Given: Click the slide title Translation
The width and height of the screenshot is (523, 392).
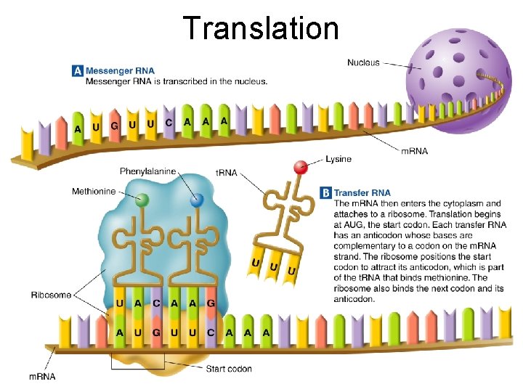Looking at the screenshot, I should [x=261, y=28].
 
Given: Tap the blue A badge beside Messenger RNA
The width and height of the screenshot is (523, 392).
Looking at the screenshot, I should [x=77, y=71].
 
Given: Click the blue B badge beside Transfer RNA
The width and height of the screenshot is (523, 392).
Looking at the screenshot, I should [x=326, y=193].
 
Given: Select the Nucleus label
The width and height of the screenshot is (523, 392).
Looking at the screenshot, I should [x=363, y=62].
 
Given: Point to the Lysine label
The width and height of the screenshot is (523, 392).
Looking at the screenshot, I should [x=338, y=159].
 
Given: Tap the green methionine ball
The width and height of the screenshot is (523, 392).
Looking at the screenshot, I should [x=142, y=199].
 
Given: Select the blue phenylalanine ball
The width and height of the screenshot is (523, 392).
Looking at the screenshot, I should [x=196, y=201].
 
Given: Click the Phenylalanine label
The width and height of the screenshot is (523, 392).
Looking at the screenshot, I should [x=147, y=171].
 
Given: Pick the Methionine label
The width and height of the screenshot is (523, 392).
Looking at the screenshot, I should [x=94, y=192].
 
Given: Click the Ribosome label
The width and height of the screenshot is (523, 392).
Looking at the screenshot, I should [x=51, y=295].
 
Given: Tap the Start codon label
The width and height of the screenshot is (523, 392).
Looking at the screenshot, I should [x=229, y=369].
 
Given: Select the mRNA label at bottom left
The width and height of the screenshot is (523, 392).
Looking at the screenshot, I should [x=42, y=376].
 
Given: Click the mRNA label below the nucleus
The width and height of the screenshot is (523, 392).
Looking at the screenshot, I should [x=414, y=151].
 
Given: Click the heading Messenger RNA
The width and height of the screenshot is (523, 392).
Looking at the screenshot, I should [x=120, y=71].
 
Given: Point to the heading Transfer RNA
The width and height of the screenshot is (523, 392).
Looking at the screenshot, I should [x=362, y=193].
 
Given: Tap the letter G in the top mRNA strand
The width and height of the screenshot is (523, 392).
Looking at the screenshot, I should [x=114, y=126].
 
